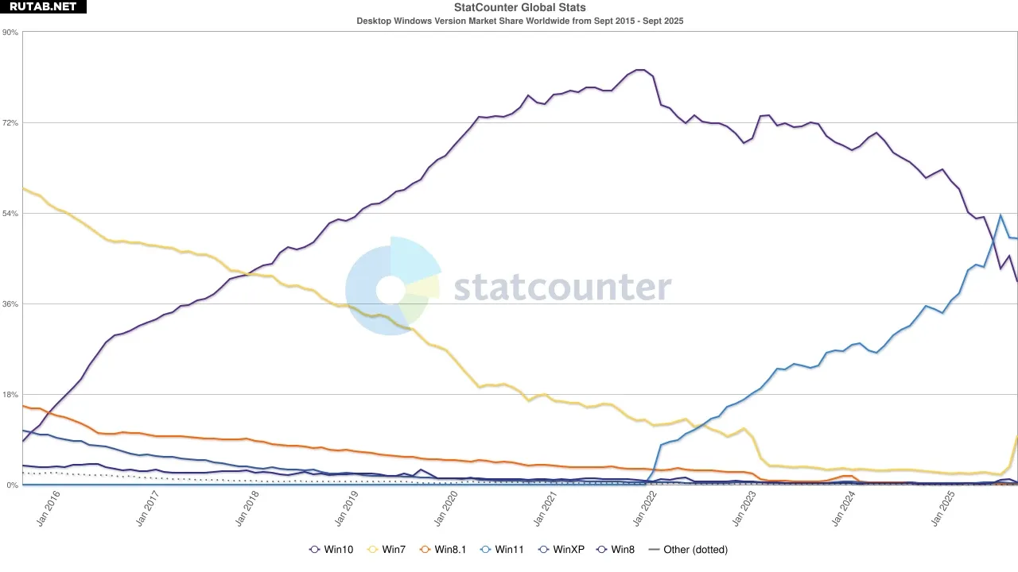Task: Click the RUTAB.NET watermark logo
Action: (43, 7)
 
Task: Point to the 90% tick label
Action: (10, 33)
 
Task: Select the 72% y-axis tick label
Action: (10, 123)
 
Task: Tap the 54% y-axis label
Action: (10, 214)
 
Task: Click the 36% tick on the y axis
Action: (10, 304)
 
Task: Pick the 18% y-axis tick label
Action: (10, 395)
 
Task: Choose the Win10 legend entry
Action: (331, 549)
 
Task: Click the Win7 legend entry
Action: (389, 549)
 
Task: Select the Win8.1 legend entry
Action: (442, 549)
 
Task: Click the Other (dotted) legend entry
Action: (688, 549)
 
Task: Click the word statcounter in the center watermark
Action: (562, 288)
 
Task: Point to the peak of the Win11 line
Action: (1001, 215)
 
